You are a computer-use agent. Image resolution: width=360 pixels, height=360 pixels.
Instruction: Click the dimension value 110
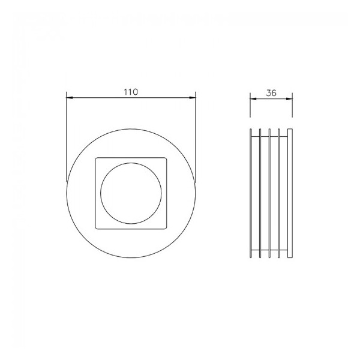[131, 92]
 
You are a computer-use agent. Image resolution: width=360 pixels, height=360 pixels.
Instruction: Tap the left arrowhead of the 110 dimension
[69, 98]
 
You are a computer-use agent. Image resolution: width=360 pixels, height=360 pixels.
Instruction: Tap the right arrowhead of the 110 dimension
[193, 98]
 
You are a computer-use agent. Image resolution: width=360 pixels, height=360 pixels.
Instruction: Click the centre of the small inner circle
[131, 192]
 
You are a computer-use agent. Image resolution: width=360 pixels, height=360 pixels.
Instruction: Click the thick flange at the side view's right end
[290, 192]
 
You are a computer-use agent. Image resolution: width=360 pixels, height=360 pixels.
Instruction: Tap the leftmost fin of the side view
[250, 192]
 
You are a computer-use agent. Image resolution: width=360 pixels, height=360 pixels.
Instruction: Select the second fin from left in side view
[260, 192]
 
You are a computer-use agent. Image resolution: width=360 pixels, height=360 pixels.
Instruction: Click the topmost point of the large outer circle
[131, 127]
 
